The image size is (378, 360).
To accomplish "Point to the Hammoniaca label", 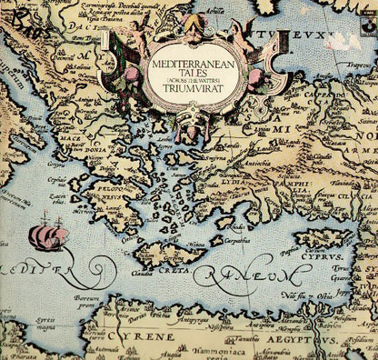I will point(213,348).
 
